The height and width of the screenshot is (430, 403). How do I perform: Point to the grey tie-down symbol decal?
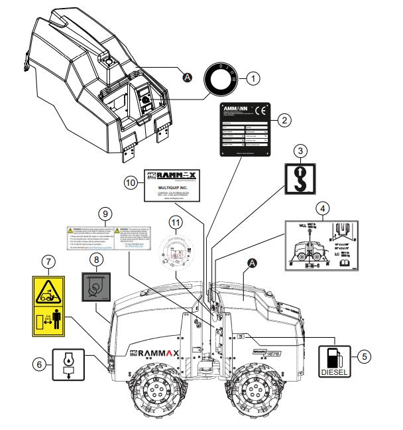[96, 287]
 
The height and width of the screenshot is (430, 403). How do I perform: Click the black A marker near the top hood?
[188, 78]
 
